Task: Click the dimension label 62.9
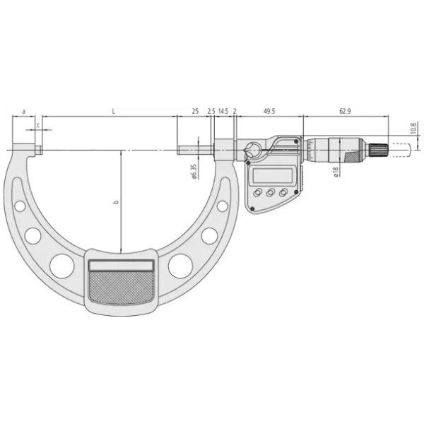(345, 111)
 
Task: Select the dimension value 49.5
(269, 111)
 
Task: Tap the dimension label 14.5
(223, 111)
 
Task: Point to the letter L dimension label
(114, 111)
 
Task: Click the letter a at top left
(24, 111)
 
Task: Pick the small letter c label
(38, 125)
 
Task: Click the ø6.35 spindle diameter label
(194, 172)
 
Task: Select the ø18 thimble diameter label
(336, 172)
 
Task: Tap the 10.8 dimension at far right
(413, 129)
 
